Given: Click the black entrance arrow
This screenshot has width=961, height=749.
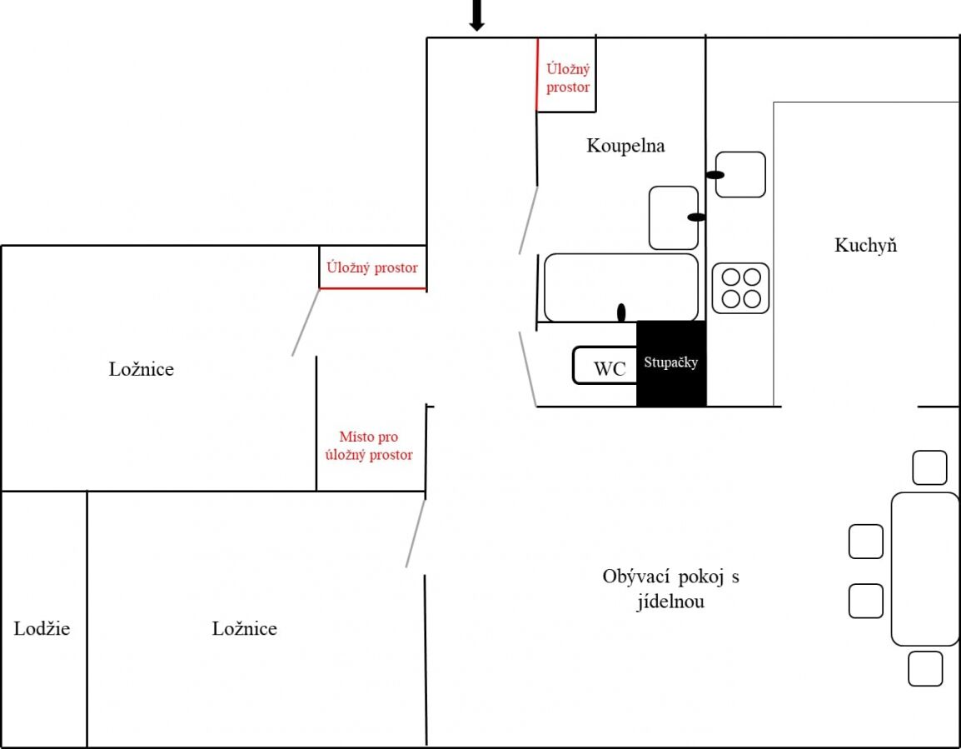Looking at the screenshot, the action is tap(477, 15).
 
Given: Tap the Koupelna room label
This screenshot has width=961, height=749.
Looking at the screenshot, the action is tap(625, 146).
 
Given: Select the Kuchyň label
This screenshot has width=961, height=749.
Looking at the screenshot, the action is tap(865, 245).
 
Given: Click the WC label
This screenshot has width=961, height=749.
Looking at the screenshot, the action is tap(610, 368).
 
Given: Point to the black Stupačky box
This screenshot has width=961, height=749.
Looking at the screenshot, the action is tap(671, 363).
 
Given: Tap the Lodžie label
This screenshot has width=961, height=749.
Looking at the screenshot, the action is tap(42, 628).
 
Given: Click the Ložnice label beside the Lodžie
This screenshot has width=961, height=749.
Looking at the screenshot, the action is tap(245, 628).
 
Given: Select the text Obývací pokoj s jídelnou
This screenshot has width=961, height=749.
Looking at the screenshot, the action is tap(670, 588).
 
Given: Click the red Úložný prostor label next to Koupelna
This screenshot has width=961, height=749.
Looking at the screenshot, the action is tap(568, 77).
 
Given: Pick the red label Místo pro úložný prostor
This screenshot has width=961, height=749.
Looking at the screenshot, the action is tap(369, 446).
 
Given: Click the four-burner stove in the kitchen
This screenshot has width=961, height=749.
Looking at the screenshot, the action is tap(740, 288).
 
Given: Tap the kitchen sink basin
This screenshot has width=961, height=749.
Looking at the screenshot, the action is tap(740, 175).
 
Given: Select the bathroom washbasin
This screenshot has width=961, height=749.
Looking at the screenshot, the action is tap(674, 217).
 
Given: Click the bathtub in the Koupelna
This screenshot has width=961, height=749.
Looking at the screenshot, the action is tap(621, 287).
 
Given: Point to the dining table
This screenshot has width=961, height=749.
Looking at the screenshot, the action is tap(925, 569).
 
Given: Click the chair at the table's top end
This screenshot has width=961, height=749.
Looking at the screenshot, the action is tap(929, 467).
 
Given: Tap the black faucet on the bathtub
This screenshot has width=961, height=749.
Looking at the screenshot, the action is tap(621, 312).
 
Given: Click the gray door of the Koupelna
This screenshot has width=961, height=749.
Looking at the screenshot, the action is tap(528, 221).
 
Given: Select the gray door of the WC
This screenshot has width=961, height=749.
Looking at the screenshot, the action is tap(528, 369).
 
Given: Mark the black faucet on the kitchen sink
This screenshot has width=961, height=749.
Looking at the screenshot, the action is tap(715, 175).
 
